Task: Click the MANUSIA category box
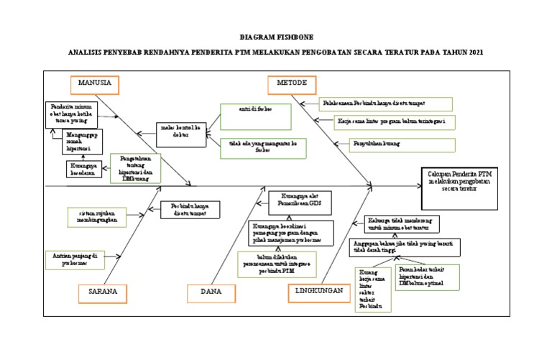tap(94, 84)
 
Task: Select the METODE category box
tap(292, 84)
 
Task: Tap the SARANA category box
tap(103, 293)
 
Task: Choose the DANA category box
tap(211, 293)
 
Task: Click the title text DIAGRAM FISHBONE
tap(276, 37)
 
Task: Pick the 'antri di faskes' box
tap(255, 115)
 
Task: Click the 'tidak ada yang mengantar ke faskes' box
tap(263, 147)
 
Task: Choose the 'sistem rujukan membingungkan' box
tap(96, 216)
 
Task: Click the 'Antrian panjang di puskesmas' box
tap(74, 259)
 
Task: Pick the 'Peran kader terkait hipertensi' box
tap(426, 277)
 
